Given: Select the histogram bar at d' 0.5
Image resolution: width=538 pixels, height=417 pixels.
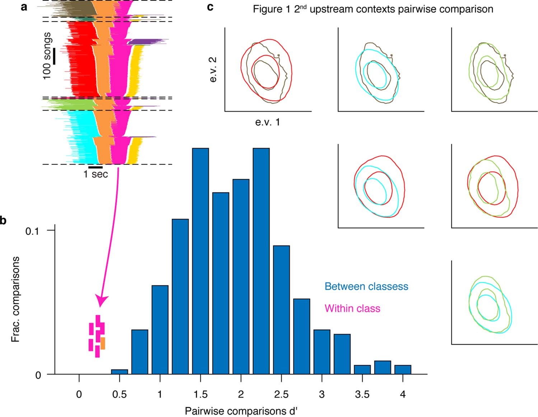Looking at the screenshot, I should coord(120,372).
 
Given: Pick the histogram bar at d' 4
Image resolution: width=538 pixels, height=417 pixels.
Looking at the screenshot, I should coord(403,370).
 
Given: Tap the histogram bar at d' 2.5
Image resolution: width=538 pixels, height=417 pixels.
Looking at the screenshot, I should coord(281,310).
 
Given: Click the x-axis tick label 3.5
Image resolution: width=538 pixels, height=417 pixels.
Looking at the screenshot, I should coord(362,394).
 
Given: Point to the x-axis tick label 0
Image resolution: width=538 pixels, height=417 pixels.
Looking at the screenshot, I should coord(79,394).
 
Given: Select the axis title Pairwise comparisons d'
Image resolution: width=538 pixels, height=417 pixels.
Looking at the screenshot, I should coord(241,411).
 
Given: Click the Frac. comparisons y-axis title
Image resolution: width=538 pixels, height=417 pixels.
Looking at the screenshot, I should coord(15,299).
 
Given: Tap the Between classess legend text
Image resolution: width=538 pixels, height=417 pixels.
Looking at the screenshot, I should coord(366,286).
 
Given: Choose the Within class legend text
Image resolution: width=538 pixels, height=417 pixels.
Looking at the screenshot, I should coord(352,308).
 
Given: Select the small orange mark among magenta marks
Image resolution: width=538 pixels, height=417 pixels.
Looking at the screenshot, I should coord(103,343).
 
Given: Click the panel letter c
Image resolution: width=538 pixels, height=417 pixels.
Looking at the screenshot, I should coord(211,6).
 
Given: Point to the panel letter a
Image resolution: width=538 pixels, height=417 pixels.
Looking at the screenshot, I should coord(24,6).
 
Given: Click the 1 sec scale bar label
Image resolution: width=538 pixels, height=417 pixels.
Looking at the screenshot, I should coord(95,174).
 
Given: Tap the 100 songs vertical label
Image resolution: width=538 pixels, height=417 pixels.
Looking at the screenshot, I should coord(47,56).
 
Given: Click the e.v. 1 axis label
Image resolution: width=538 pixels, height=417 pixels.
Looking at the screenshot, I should coord(267,122).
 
